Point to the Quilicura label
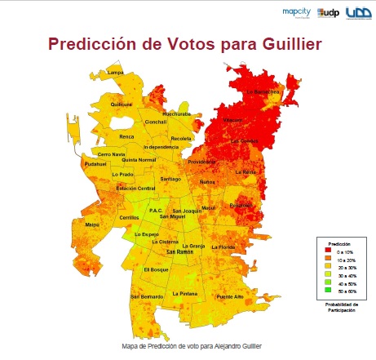click(x=121, y=104)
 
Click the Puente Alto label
click(x=230, y=296)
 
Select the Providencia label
click(x=201, y=162)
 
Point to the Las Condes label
click(x=243, y=140)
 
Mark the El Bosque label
click(x=155, y=269)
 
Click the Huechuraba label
click(x=177, y=113)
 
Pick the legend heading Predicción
click(x=339, y=244)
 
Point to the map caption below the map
click(x=188, y=345)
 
